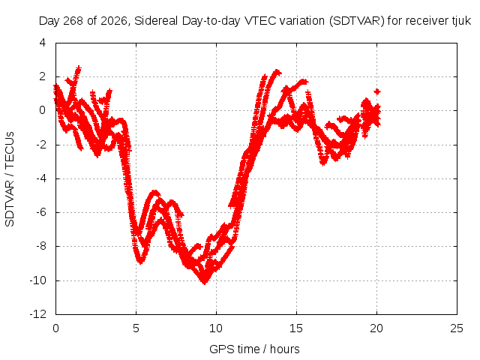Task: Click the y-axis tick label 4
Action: click(x=43, y=43)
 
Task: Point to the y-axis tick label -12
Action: click(x=38, y=314)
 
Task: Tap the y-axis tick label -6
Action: click(x=41, y=212)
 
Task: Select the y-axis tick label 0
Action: click(x=43, y=110)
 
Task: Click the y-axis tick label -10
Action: click(x=38, y=280)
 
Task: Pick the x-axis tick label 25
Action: click(x=457, y=328)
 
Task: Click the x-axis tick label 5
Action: click(x=136, y=328)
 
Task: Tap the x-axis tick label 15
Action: click(x=296, y=328)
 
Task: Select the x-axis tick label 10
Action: click(x=216, y=328)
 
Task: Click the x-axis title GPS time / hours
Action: click(x=254, y=349)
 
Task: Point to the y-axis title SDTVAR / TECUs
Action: click(x=10, y=179)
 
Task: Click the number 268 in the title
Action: click(x=73, y=21)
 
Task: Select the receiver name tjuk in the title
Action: click(x=462, y=21)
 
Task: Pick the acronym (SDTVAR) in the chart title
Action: click(x=357, y=21)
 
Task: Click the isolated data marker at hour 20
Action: click(x=377, y=91)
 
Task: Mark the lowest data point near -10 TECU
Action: click(x=205, y=282)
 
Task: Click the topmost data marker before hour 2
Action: click(x=79, y=67)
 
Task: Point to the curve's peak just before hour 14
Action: click(x=277, y=72)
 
